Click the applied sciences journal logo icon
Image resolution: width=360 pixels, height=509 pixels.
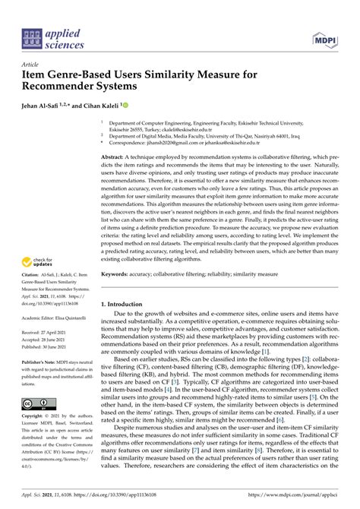pyautogui.click(x=32, y=36)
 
